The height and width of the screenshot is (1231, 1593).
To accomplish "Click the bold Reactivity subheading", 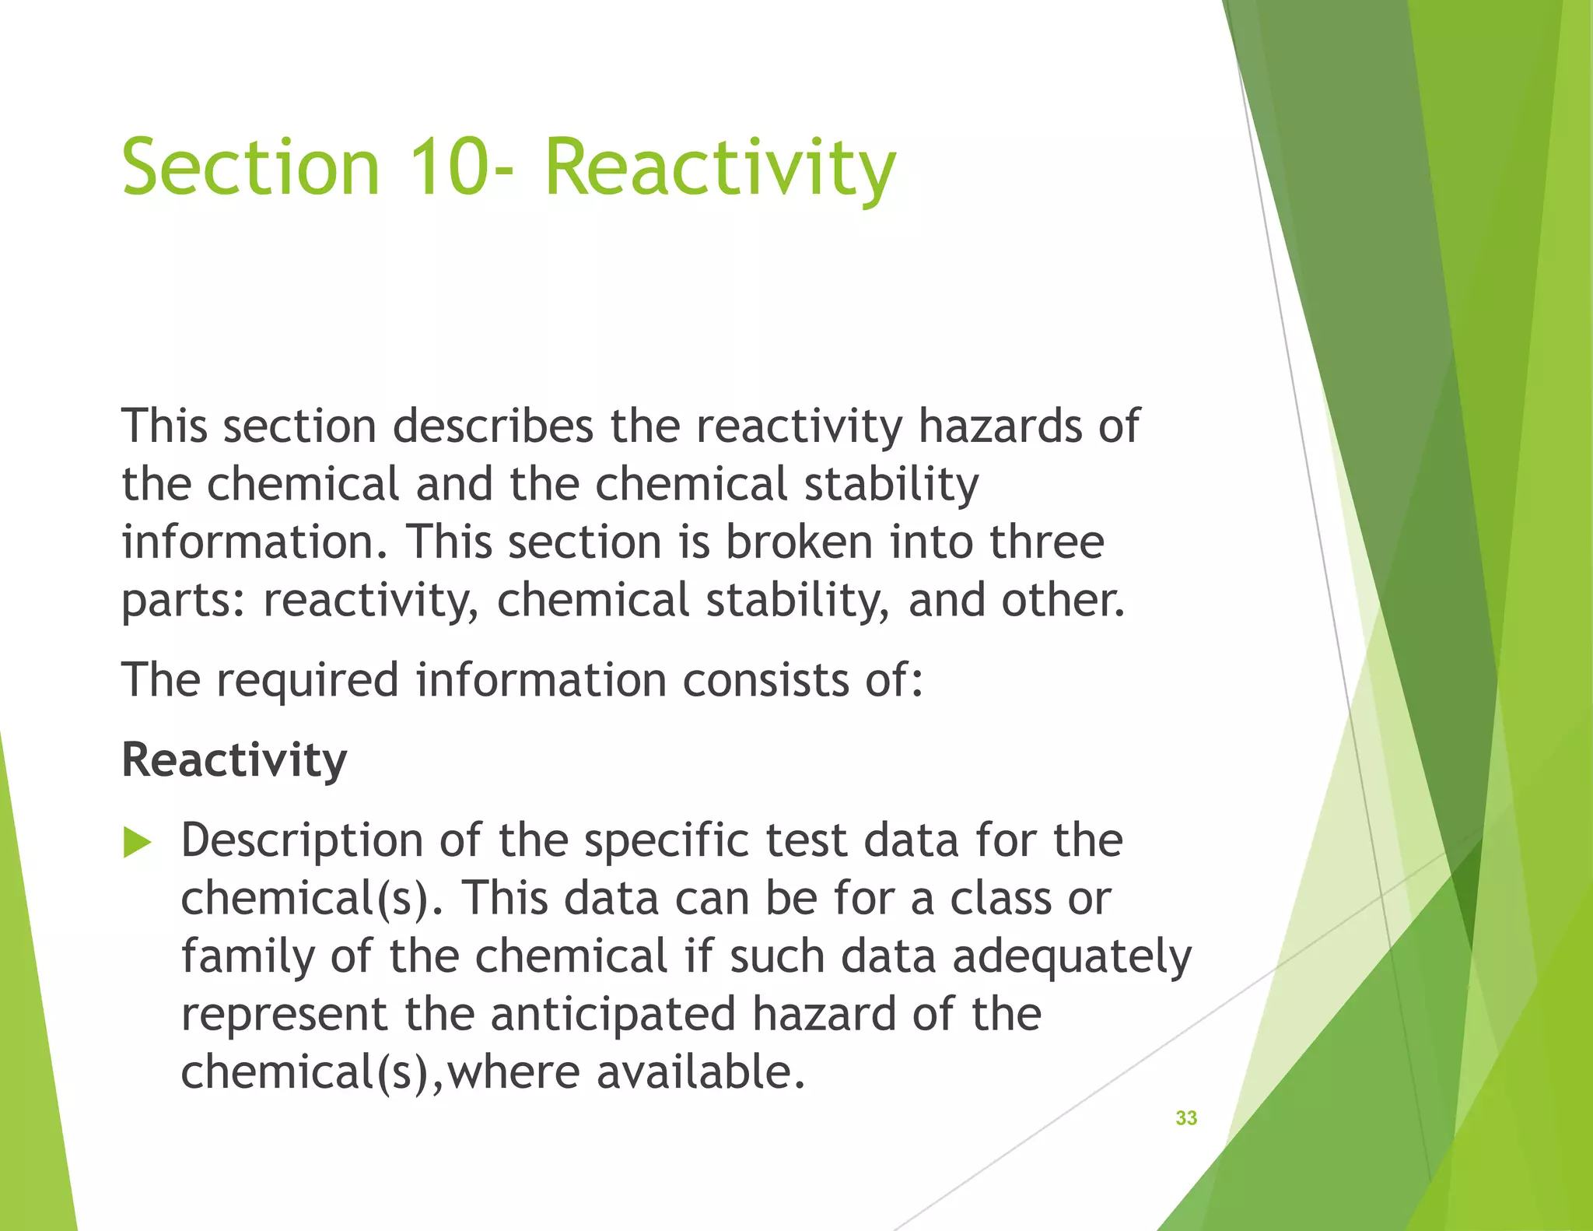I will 234,760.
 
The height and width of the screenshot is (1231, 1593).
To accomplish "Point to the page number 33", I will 1186,1118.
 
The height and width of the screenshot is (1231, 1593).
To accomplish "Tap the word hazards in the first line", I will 999,426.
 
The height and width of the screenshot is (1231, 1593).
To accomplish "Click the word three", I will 1047,542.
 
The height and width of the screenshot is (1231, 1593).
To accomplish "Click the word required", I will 307,680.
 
